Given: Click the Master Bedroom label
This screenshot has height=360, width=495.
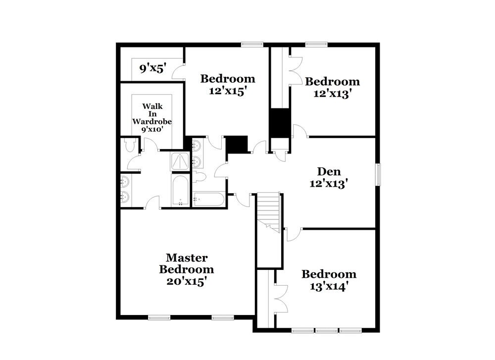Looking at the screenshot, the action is tap(187, 263).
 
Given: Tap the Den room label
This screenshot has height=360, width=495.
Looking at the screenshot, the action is tap(329, 171).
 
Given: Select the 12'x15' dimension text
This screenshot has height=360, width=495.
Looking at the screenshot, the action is tap(228, 91).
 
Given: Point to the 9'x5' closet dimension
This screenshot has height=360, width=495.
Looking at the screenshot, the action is tap(153, 68).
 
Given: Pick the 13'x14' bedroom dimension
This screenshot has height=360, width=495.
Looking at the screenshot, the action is tap(329, 286).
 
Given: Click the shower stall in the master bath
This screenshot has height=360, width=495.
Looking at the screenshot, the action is tap(180, 161).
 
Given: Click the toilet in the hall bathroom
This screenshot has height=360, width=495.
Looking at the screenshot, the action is tap(199, 177).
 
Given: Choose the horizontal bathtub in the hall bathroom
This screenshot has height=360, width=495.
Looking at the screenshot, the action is tap(209, 199).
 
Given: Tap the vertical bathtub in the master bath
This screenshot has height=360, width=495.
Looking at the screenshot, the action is tap(180, 190).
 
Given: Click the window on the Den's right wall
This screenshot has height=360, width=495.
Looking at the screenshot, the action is tap(378, 174).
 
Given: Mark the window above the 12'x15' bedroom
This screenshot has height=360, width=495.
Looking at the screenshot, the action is tap(252, 45).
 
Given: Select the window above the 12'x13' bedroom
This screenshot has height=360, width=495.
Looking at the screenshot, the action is tap(316, 45).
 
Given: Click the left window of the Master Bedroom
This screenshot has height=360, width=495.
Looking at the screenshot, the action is tap(159, 317).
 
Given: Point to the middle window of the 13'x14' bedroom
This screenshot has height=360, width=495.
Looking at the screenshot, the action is tap(327, 331).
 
